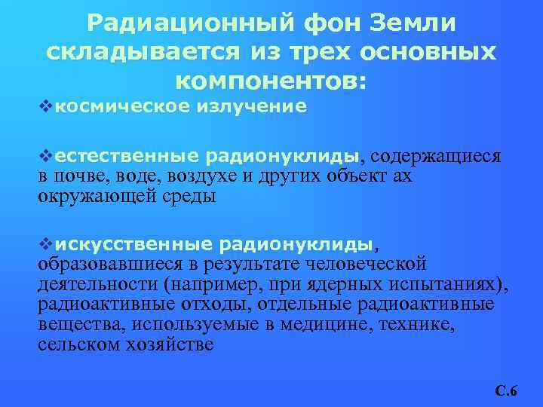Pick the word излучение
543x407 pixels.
pos(253,107)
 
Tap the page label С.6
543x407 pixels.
pos(505,390)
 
